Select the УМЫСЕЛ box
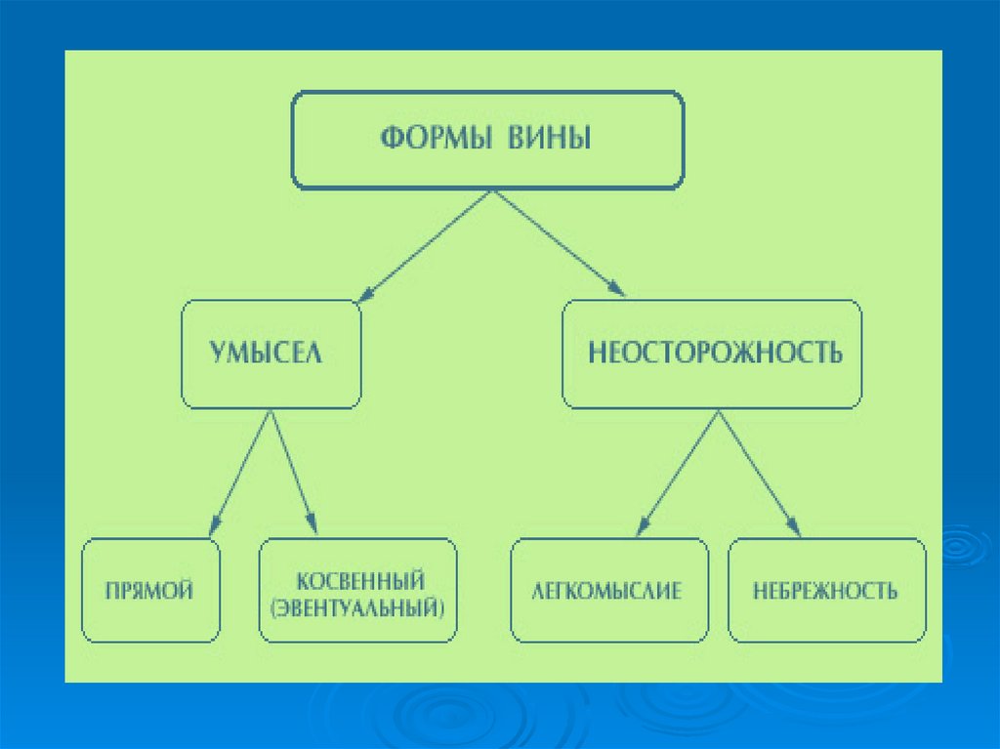pyautogui.click(x=271, y=354)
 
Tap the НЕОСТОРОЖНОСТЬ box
pyautogui.click(x=713, y=354)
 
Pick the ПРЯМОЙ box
pyautogui.click(x=151, y=590)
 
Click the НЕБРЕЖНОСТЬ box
pyautogui.click(x=825, y=591)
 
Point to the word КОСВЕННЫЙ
pyautogui.click(x=359, y=582)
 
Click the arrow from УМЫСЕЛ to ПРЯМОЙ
pyautogui.click(x=240, y=474)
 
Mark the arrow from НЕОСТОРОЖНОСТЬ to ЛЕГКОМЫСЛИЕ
pyautogui.click(x=682, y=474)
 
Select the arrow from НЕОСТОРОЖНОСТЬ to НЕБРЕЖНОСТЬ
pyautogui.click(x=760, y=474)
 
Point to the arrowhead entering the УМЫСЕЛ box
pyautogui.click(x=365, y=292)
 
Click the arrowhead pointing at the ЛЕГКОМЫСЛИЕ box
pyautogui.click(x=642, y=527)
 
